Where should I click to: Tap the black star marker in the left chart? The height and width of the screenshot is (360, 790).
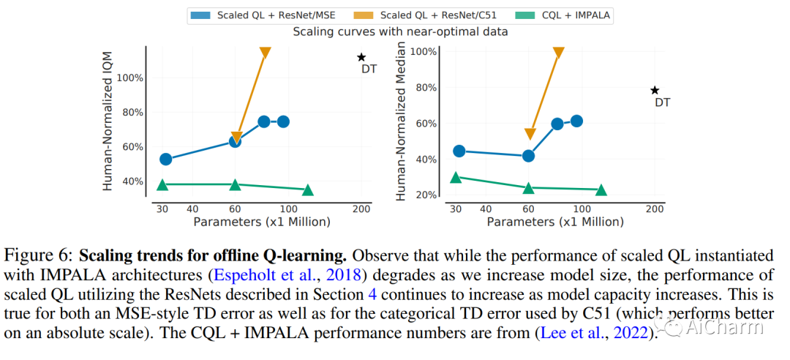pos(361,57)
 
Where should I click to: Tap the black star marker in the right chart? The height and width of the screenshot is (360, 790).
pos(655,90)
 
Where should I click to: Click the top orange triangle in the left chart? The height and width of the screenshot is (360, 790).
pos(265,53)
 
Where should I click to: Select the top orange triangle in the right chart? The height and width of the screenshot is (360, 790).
pos(558,53)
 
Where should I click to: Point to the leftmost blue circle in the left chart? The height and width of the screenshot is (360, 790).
pos(165,159)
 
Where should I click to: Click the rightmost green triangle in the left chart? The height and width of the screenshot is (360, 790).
pos(308,190)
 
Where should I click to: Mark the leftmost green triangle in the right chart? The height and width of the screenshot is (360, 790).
pos(456,177)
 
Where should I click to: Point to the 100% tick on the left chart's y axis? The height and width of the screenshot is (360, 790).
pos(130,78)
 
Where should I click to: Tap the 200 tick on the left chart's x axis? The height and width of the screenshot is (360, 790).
pos(361,209)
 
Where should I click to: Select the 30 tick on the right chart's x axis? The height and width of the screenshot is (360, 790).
pos(456,209)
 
